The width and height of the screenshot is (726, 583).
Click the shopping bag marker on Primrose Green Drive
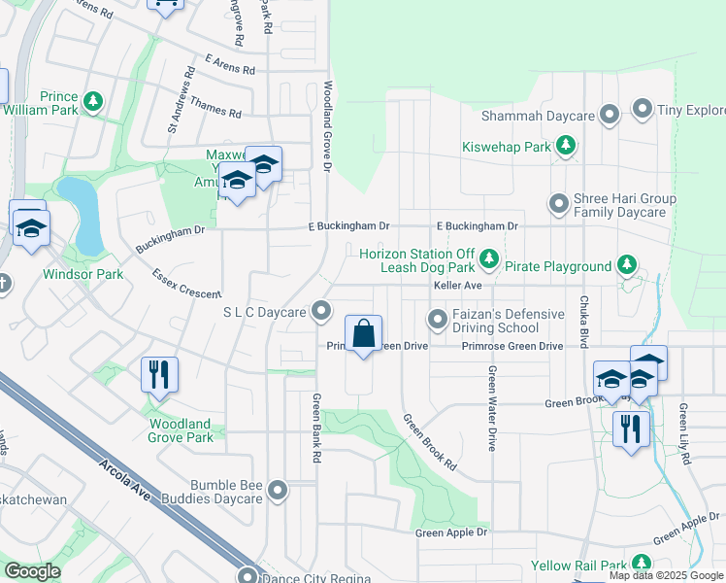pyautogui.click(x=363, y=335)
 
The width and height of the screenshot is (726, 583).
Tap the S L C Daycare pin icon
pyautogui.click(x=322, y=312)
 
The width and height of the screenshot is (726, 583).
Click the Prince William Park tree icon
pyautogui.click(x=93, y=101)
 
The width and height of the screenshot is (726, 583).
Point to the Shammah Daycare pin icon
pyautogui.click(x=610, y=116)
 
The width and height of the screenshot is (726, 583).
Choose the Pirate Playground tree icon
pyautogui.click(x=627, y=264)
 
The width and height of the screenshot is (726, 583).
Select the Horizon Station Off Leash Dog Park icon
pyautogui.click(x=490, y=258)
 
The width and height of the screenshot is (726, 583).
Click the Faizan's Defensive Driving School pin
pyautogui.click(x=438, y=319)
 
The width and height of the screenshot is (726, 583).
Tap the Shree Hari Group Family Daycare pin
pyautogui.click(x=558, y=204)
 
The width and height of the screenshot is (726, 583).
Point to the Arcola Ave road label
pyautogui.click(x=123, y=479)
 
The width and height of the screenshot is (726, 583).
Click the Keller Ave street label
pyautogui.click(x=457, y=286)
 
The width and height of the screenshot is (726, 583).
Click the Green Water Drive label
pyautogui.click(x=493, y=408)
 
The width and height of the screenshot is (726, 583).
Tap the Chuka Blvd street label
pyautogui.click(x=585, y=321)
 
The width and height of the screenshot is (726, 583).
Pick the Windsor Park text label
pyautogui.click(x=82, y=274)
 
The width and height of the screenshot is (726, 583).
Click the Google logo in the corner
pyautogui.click(x=33, y=571)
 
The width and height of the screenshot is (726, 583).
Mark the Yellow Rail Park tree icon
pyautogui.click(x=641, y=564)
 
